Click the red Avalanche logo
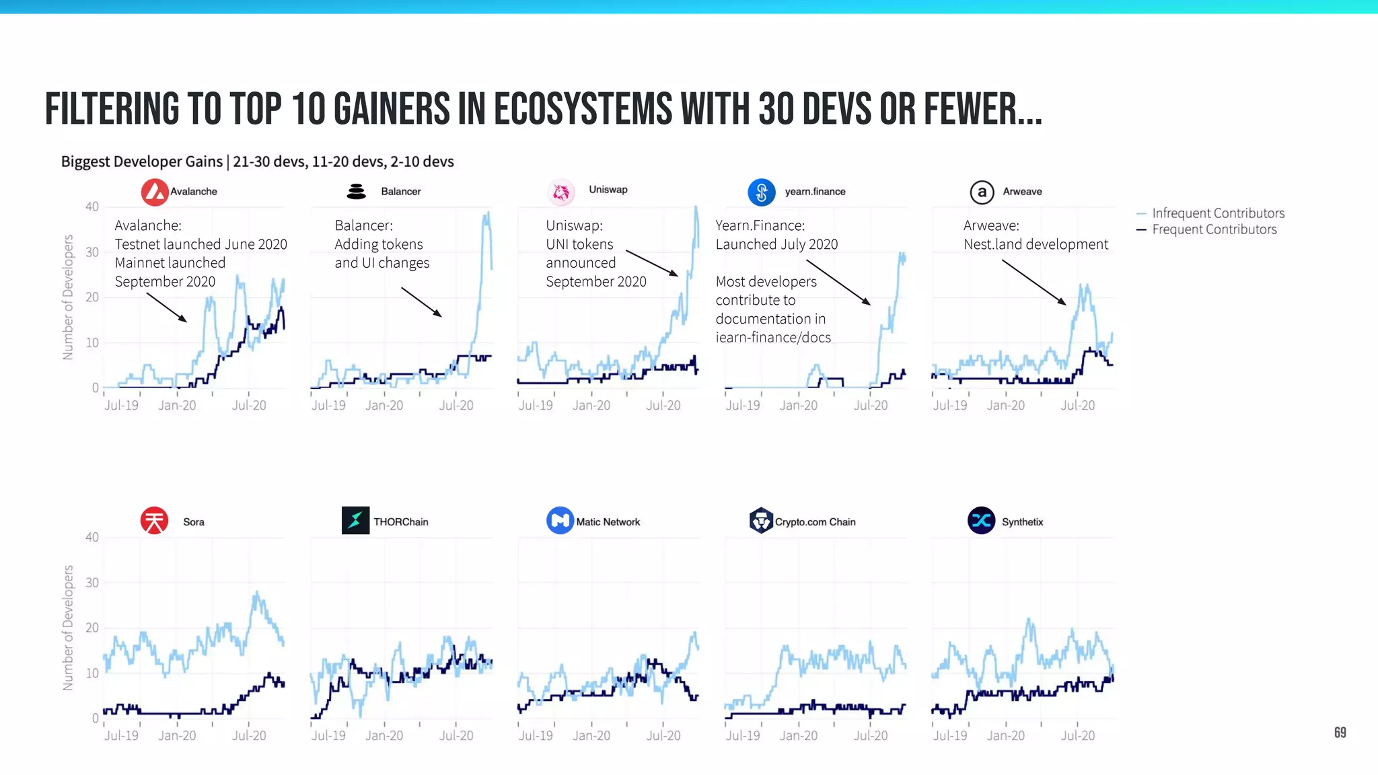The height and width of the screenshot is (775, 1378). tap(155, 192)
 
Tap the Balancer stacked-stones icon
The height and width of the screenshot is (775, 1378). tap(356, 192)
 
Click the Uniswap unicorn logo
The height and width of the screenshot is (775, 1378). tap(561, 192)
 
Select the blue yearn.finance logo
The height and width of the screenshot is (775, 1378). tap(762, 192)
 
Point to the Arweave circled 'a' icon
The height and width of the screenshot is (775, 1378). tap(982, 192)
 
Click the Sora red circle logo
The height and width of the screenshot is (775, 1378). tap(154, 521)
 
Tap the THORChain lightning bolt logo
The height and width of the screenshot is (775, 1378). tap(355, 521)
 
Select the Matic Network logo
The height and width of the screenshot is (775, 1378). tap(560, 521)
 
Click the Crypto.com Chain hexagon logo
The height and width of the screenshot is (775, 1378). tap(761, 521)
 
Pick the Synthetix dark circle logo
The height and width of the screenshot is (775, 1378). tap(981, 521)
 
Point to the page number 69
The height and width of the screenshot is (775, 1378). tap(1340, 733)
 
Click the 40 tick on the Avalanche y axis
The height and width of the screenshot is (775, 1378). tap(92, 207)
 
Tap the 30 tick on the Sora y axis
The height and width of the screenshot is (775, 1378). tap(92, 583)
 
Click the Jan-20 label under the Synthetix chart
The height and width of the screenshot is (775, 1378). tap(1005, 736)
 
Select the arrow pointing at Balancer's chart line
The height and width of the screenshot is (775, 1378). tap(422, 302)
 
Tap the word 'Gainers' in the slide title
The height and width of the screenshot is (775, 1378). tap(391, 110)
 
